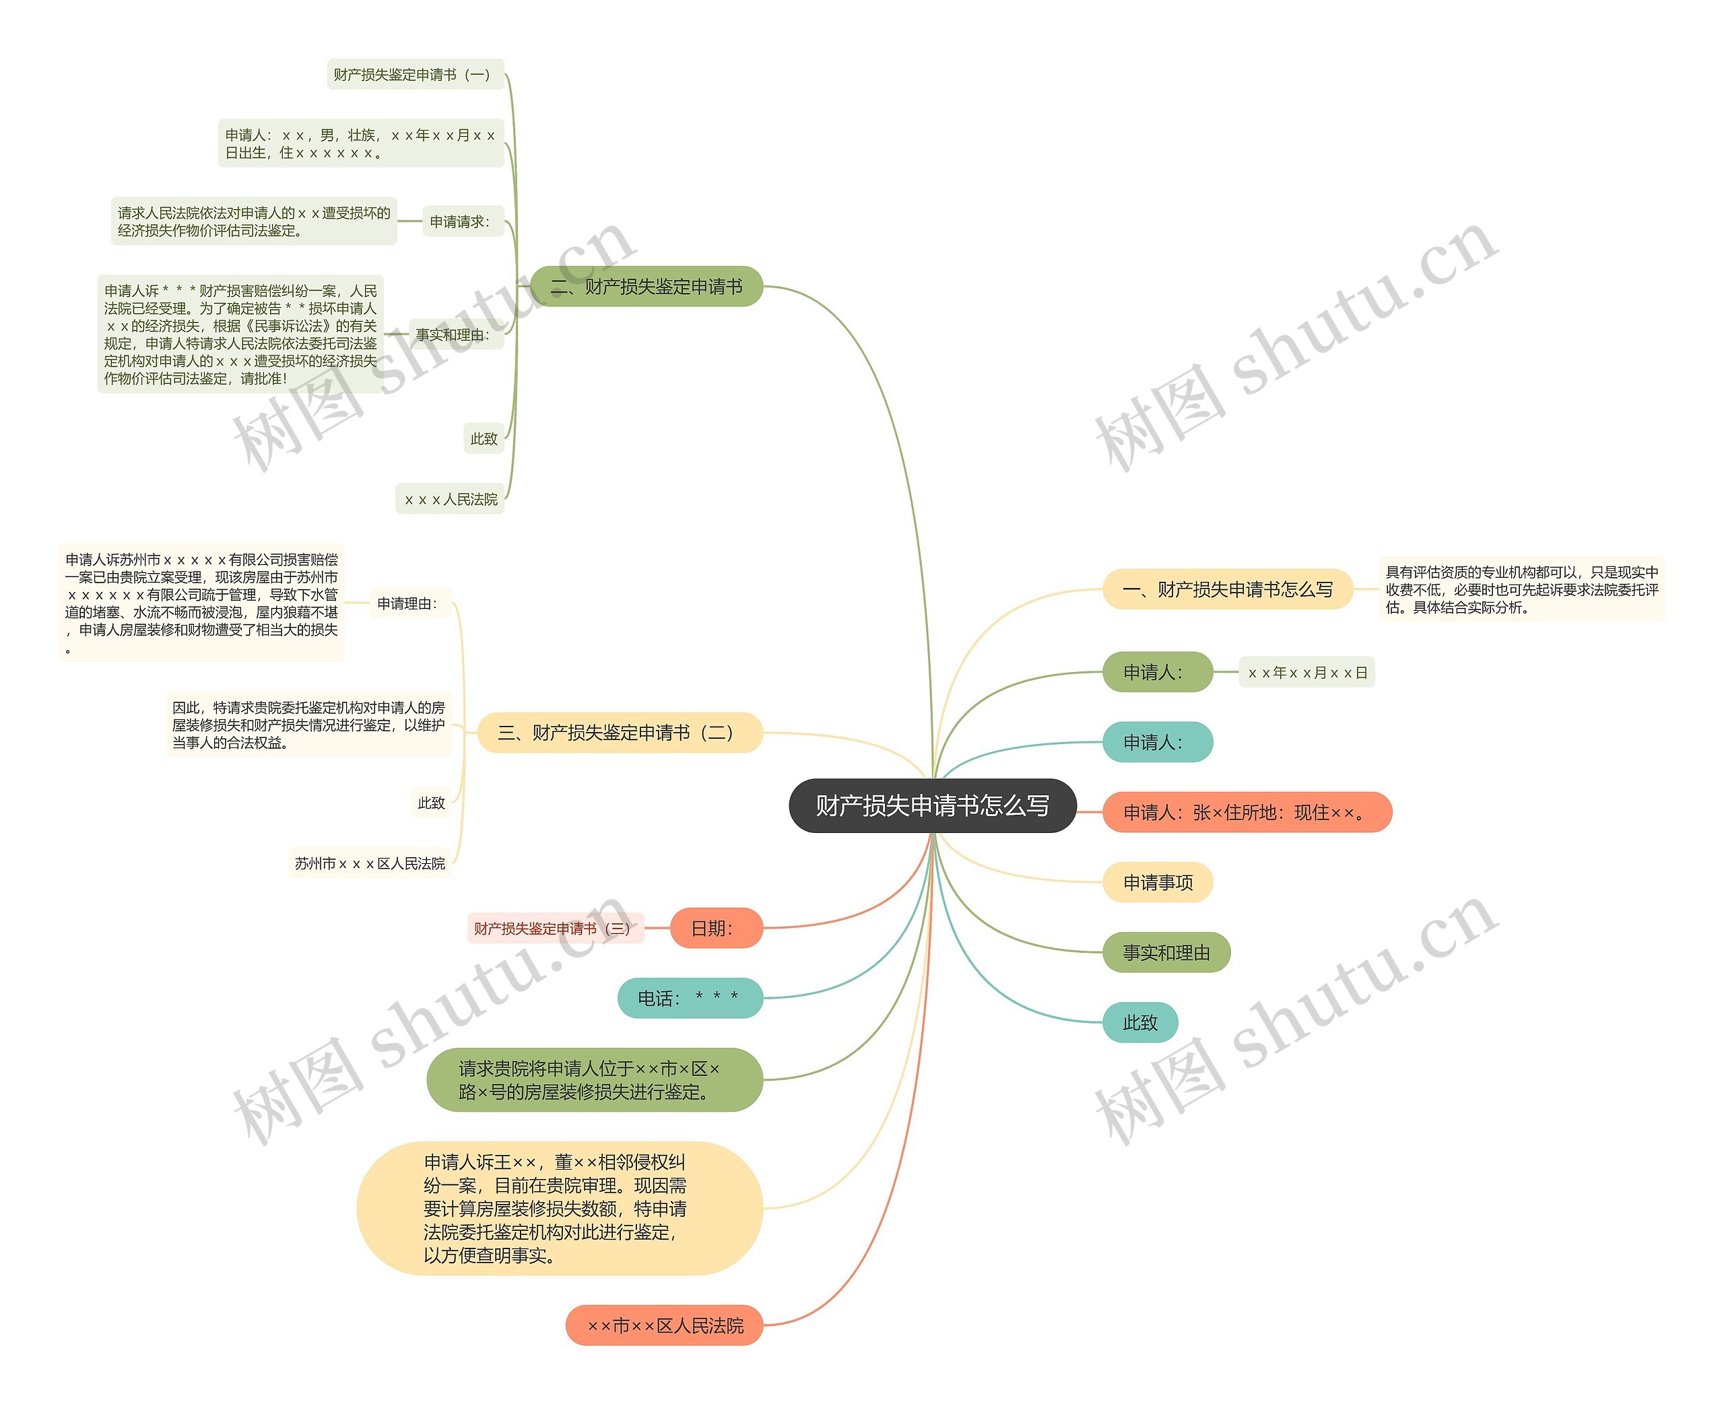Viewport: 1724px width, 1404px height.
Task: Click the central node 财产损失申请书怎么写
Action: (x=932, y=805)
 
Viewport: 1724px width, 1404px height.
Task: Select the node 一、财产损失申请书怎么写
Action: (x=1227, y=590)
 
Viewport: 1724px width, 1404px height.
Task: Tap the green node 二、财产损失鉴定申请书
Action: (x=646, y=286)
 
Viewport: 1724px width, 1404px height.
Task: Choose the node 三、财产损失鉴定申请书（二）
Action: (x=620, y=733)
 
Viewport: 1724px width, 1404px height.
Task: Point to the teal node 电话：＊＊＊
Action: (x=689, y=998)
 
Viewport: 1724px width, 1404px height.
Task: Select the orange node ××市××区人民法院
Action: (x=664, y=1325)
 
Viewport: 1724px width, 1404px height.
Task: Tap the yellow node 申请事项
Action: (x=1157, y=882)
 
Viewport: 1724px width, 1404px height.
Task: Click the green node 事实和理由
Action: (x=1166, y=953)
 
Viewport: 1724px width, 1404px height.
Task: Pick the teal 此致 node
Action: (x=1140, y=1023)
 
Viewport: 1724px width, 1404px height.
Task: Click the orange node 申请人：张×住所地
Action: (x=1246, y=812)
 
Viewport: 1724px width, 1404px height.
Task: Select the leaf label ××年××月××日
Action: (x=1306, y=672)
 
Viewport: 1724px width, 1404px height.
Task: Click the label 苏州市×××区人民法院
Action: (x=370, y=864)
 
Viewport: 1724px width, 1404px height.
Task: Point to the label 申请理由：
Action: (x=408, y=603)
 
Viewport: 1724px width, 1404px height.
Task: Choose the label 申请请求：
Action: (x=461, y=222)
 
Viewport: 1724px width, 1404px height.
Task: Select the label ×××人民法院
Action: (x=450, y=500)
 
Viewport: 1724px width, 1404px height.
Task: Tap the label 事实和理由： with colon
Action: (x=454, y=334)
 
